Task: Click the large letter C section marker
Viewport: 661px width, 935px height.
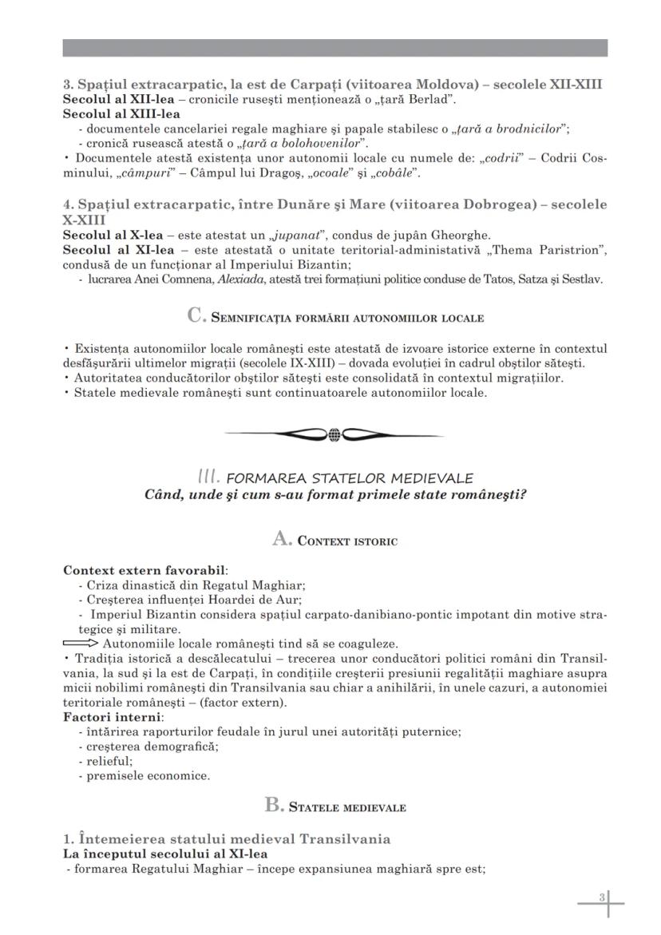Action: click(x=197, y=316)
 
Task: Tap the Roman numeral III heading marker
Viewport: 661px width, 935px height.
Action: click(x=208, y=477)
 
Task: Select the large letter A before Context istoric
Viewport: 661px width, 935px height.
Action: click(x=282, y=540)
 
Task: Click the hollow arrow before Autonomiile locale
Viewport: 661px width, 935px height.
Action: click(x=81, y=644)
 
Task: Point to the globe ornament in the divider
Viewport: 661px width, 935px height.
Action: click(x=334, y=434)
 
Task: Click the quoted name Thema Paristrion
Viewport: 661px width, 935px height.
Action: click(x=544, y=250)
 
